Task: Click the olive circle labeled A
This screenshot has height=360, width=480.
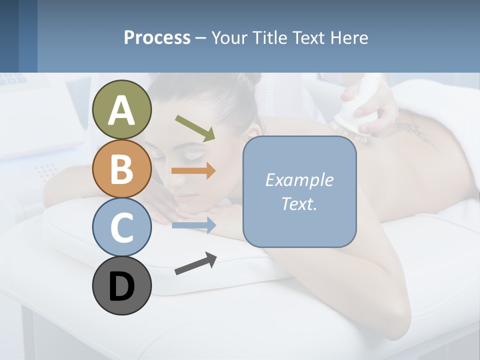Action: (x=122, y=109)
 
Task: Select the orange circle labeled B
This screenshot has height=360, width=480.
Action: (x=122, y=168)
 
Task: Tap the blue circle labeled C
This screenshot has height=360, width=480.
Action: (x=122, y=227)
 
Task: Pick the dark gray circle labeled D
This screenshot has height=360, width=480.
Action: (x=122, y=286)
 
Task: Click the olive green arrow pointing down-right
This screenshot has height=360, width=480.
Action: (x=195, y=127)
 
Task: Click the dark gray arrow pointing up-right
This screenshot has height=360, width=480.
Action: (x=195, y=263)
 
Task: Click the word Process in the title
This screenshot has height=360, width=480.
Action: (x=157, y=37)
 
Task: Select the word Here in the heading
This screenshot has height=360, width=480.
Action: (x=349, y=37)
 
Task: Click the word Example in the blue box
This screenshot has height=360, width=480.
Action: (x=299, y=180)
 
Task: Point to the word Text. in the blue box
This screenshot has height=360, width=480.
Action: (x=299, y=203)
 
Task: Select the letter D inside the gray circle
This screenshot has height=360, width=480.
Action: (x=122, y=287)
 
